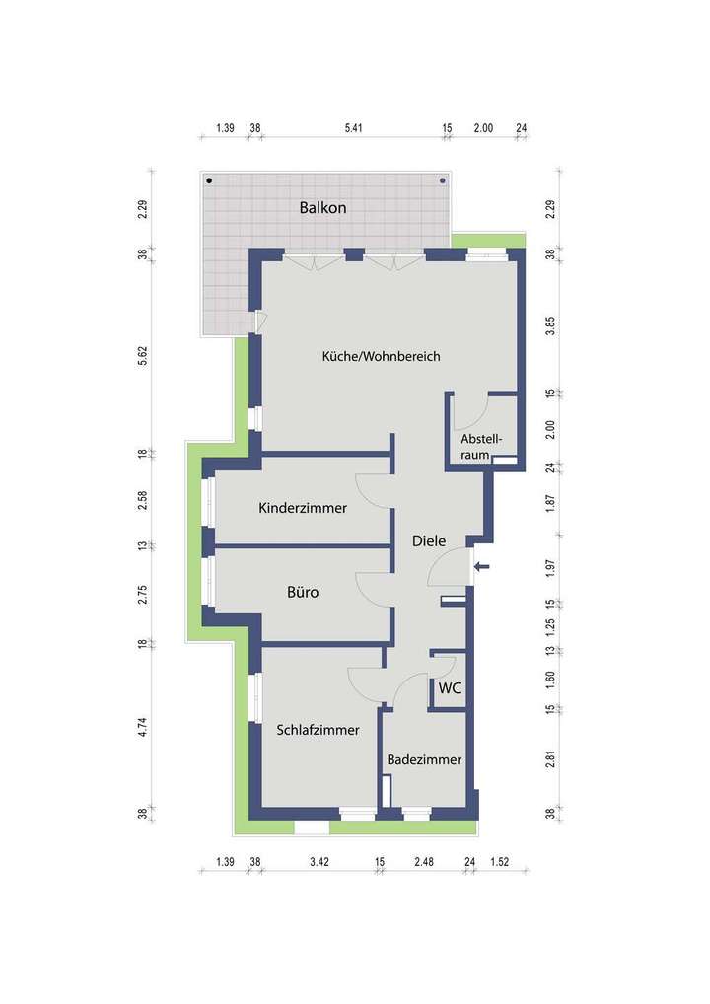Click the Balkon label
[x=323, y=208]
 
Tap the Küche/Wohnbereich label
[x=381, y=356]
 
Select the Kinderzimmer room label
[x=303, y=509]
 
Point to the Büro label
[x=303, y=594]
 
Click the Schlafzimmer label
[x=318, y=730]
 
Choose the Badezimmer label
[x=424, y=760]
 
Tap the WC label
[x=450, y=687]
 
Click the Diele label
[x=429, y=540]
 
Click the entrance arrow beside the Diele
[x=481, y=566]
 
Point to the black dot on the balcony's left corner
[x=209, y=180]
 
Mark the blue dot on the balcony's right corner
[x=442, y=180]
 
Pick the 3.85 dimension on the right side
[x=551, y=326]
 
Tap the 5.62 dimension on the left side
[x=143, y=354]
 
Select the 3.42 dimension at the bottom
[x=319, y=863]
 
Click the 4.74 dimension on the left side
[x=143, y=729]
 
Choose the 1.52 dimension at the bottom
[x=501, y=863]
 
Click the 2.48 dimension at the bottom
[x=424, y=863]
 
